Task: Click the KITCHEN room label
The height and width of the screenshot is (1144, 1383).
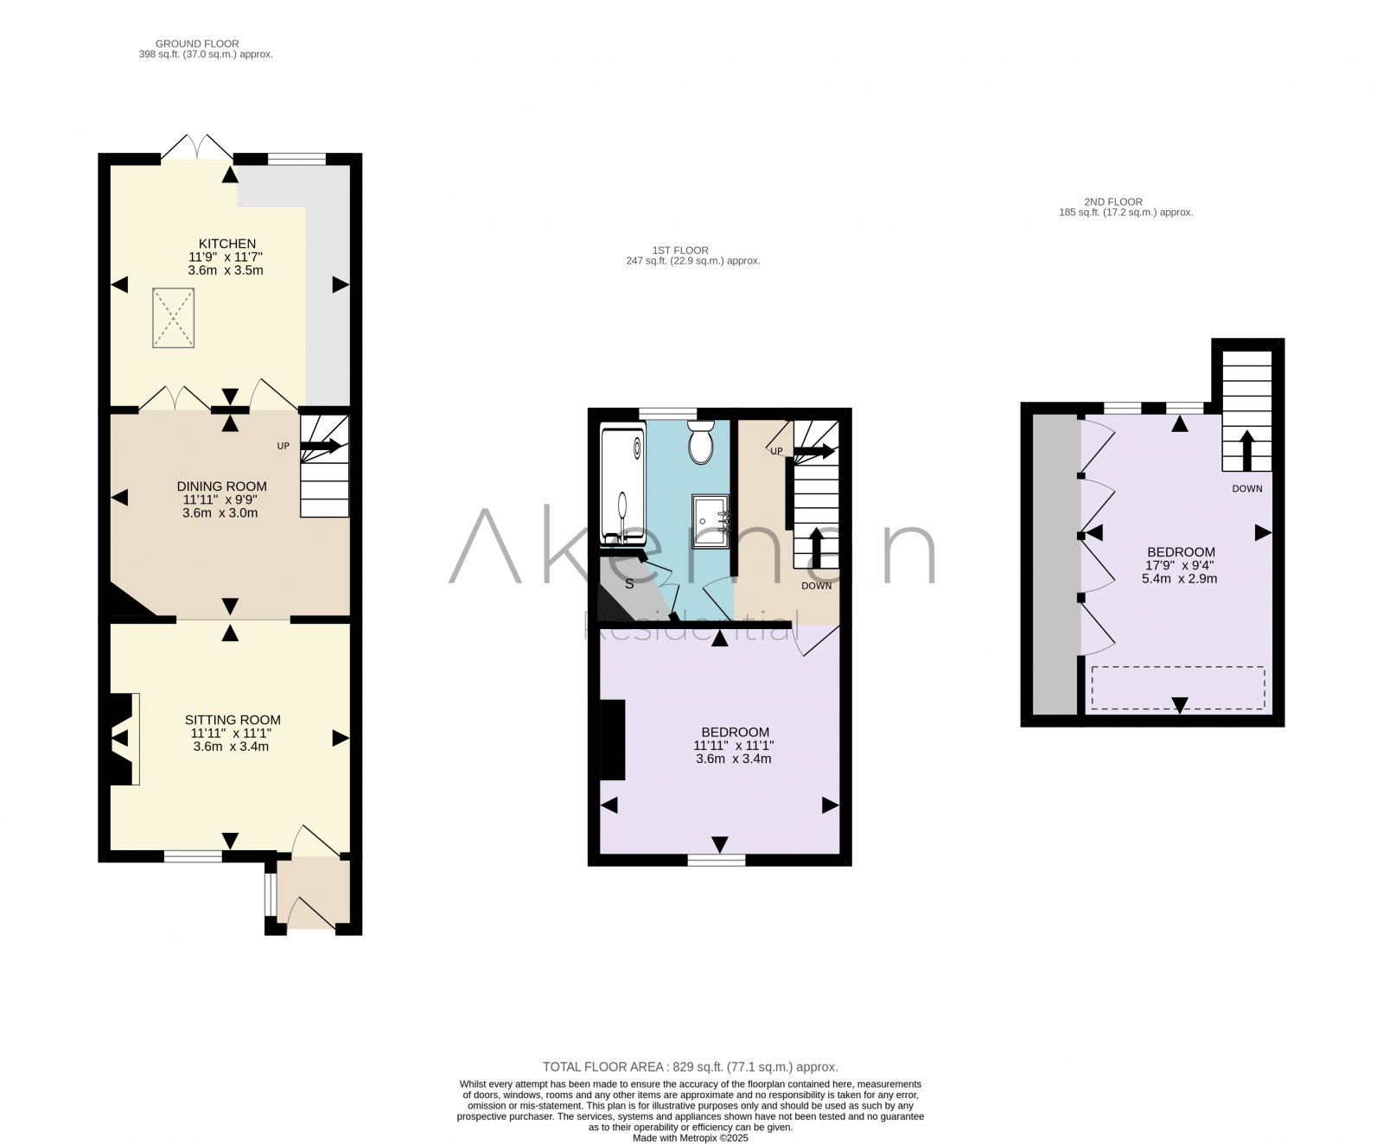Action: [x=226, y=244]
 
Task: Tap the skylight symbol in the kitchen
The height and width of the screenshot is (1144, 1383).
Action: [x=174, y=318]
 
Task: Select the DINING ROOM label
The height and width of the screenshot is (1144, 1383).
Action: [x=221, y=486]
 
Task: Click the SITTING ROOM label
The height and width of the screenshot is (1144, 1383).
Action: [x=233, y=720]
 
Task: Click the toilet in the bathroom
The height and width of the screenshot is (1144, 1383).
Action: [x=701, y=442]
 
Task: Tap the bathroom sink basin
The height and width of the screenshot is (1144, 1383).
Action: [x=711, y=521]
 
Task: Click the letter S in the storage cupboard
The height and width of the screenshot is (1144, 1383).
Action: [x=629, y=584]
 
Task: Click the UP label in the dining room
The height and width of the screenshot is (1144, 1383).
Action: [x=283, y=447]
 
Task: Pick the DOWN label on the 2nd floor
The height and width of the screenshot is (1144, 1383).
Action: [x=1246, y=489]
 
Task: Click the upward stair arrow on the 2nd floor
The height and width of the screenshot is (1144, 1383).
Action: [x=1246, y=449]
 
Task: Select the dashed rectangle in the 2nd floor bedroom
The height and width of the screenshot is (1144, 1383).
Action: [x=1177, y=688]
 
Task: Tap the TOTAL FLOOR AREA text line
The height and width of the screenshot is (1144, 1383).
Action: [x=690, y=1067]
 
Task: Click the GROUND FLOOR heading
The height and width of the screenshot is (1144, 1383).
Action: [x=197, y=43]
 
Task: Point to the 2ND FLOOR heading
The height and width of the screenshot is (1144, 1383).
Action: [x=1113, y=201]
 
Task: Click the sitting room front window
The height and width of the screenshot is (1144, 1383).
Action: [x=193, y=856]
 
